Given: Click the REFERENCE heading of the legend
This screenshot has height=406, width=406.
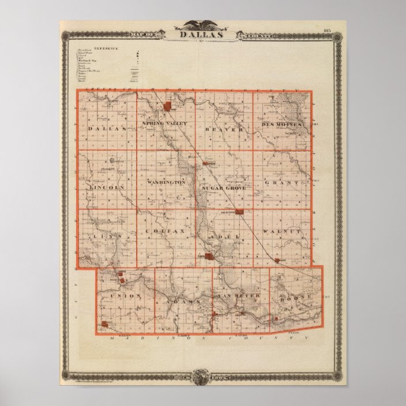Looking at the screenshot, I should [x=107, y=49].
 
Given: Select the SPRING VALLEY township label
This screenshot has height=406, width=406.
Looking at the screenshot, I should [x=164, y=124].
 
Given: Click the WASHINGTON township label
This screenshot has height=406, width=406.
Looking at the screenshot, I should [x=166, y=182].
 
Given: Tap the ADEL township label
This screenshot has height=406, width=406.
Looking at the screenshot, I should [x=221, y=236].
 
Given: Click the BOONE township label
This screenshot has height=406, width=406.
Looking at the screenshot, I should [x=293, y=299].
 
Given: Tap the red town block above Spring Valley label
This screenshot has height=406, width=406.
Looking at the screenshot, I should [x=168, y=106].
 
